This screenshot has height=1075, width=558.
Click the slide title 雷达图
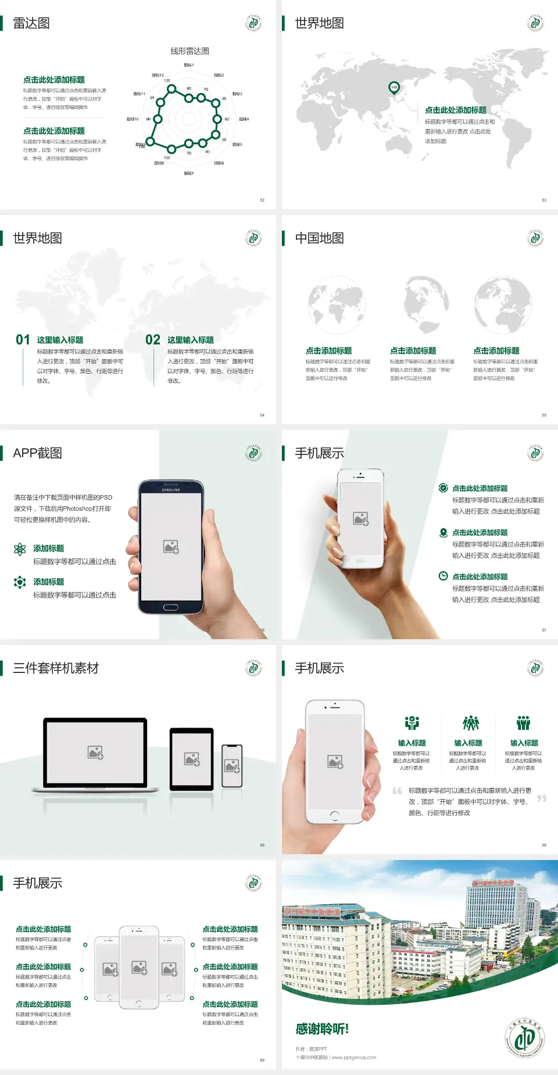coord(31,23)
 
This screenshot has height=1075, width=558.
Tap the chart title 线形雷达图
coord(189,51)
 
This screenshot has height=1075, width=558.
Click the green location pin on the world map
coord(394,88)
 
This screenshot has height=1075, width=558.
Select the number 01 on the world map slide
coord(23,340)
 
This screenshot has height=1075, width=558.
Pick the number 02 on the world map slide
coord(153,340)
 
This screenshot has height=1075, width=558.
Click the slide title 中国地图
coord(319,238)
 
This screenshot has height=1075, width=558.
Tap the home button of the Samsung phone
coord(170,607)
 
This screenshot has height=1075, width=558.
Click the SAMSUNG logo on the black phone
coord(171,490)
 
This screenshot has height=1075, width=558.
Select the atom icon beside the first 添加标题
coord(20,549)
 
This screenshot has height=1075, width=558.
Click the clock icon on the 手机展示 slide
coord(443,576)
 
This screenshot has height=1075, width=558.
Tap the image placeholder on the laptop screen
coord(95,752)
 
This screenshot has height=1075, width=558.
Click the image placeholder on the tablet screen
coord(192,759)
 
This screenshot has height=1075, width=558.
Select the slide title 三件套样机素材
coord(56,668)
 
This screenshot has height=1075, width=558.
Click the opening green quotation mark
coord(397,790)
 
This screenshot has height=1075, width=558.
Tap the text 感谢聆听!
coord(322,1029)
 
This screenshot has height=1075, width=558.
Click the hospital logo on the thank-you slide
coord(524,1038)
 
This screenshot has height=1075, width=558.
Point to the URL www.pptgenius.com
coord(354,1058)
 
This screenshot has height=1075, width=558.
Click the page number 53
coord(544,200)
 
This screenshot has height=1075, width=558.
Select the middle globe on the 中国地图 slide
coord(419,304)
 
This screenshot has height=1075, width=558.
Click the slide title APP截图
coord(37,453)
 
